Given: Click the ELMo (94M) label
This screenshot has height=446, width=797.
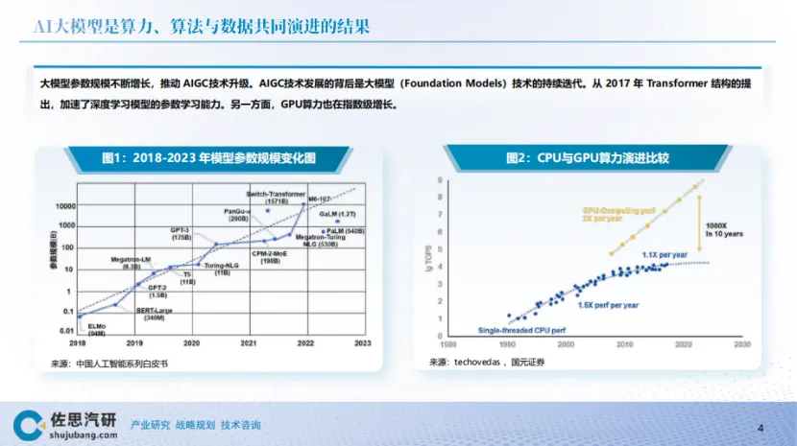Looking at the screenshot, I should [x=96, y=328].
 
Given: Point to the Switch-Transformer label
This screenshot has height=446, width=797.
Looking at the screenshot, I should [x=276, y=195].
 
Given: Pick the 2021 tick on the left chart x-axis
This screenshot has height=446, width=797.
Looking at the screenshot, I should [x=249, y=342].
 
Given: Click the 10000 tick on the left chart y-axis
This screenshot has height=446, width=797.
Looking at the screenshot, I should [x=63, y=206].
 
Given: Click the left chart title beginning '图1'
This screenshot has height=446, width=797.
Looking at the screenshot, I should [x=209, y=157].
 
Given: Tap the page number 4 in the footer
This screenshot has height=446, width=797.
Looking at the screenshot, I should [x=761, y=427].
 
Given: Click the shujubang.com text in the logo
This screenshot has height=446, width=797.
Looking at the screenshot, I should [x=84, y=434].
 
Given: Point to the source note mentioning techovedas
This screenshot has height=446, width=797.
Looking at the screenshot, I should [x=487, y=362].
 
